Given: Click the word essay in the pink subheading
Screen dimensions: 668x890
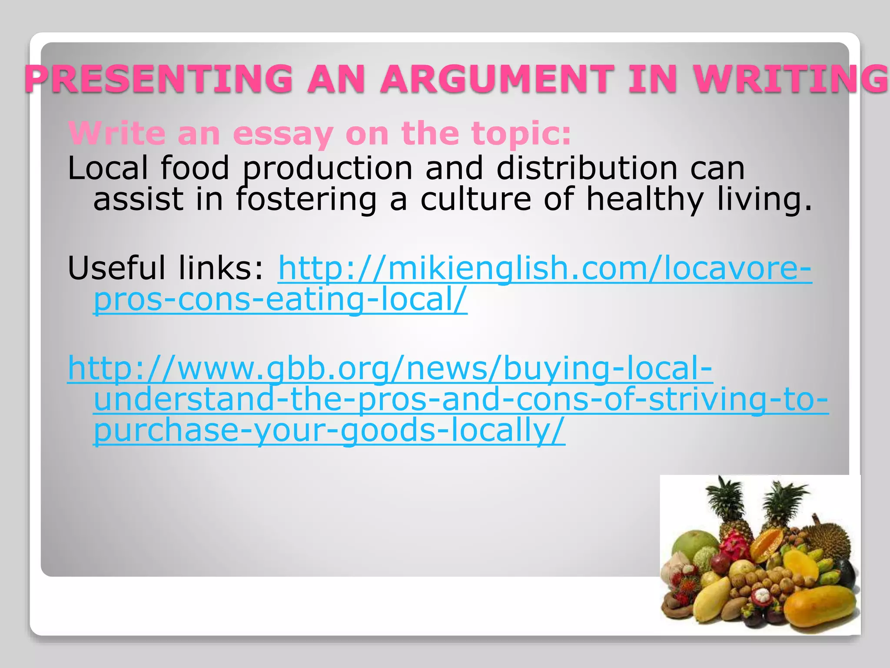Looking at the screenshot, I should click(283, 134).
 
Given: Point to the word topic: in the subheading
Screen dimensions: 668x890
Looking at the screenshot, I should click(521, 134).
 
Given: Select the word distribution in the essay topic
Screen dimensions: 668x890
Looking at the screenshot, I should click(587, 168).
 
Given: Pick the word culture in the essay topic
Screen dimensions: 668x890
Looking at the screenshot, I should click(475, 199).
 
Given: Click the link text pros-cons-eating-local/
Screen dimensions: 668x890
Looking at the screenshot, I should click(280, 300).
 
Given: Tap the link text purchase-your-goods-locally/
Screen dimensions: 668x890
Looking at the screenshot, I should click(329, 430).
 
